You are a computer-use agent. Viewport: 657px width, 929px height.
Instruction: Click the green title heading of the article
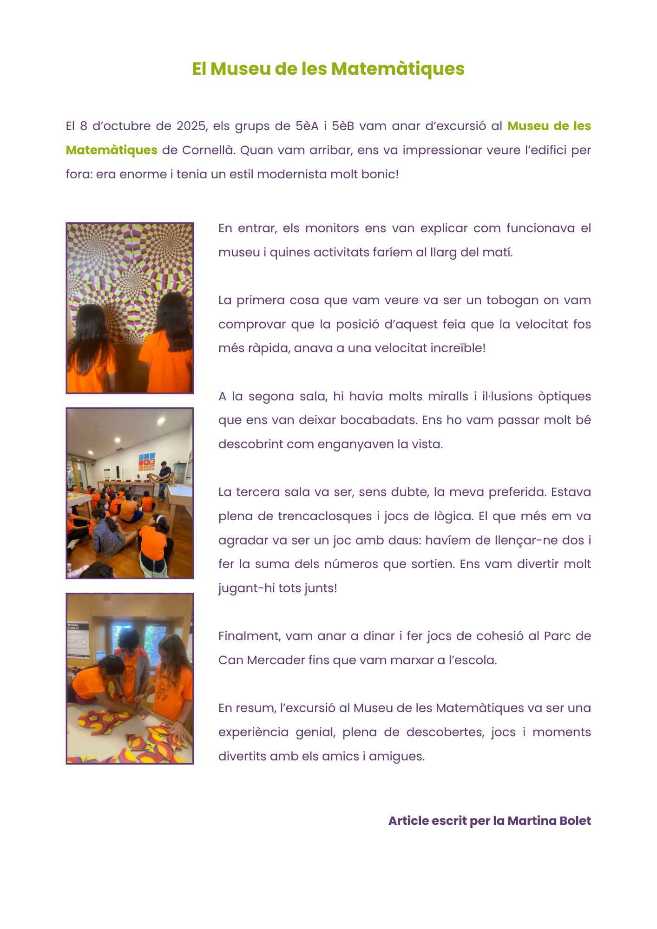[x=328, y=69]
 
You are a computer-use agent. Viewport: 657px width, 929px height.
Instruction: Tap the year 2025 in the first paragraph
[x=191, y=126]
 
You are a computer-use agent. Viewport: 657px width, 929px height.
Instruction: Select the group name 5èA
[x=307, y=126]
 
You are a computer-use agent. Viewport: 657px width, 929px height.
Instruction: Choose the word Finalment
[x=249, y=636]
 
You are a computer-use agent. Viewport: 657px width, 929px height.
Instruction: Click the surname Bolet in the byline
[x=575, y=821]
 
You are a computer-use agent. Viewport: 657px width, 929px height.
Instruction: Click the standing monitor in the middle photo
[x=163, y=478]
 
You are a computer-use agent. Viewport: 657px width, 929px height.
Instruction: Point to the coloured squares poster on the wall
[x=147, y=461]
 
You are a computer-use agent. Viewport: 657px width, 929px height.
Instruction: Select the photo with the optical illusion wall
[x=130, y=308]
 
